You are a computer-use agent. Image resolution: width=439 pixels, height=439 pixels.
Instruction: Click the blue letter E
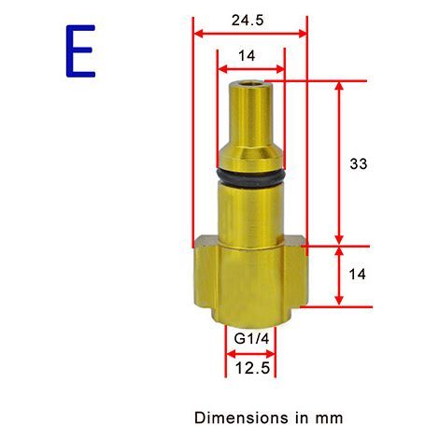tap(80, 51)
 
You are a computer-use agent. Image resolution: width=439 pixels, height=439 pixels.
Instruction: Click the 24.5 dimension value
tap(248, 21)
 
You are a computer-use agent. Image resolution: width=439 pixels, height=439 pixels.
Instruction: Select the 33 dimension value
tap(359, 163)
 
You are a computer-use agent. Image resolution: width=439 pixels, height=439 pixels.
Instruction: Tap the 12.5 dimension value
tap(252, 369)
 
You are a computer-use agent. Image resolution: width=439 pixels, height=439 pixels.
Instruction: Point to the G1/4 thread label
tap(251, 339)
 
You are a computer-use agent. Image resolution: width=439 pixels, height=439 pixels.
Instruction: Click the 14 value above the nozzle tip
tap(247, 56)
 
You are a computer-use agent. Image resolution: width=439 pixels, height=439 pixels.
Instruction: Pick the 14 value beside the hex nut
tap(357, 275)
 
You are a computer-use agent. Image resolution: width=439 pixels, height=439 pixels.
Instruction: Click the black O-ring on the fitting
tap(250, 178)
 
